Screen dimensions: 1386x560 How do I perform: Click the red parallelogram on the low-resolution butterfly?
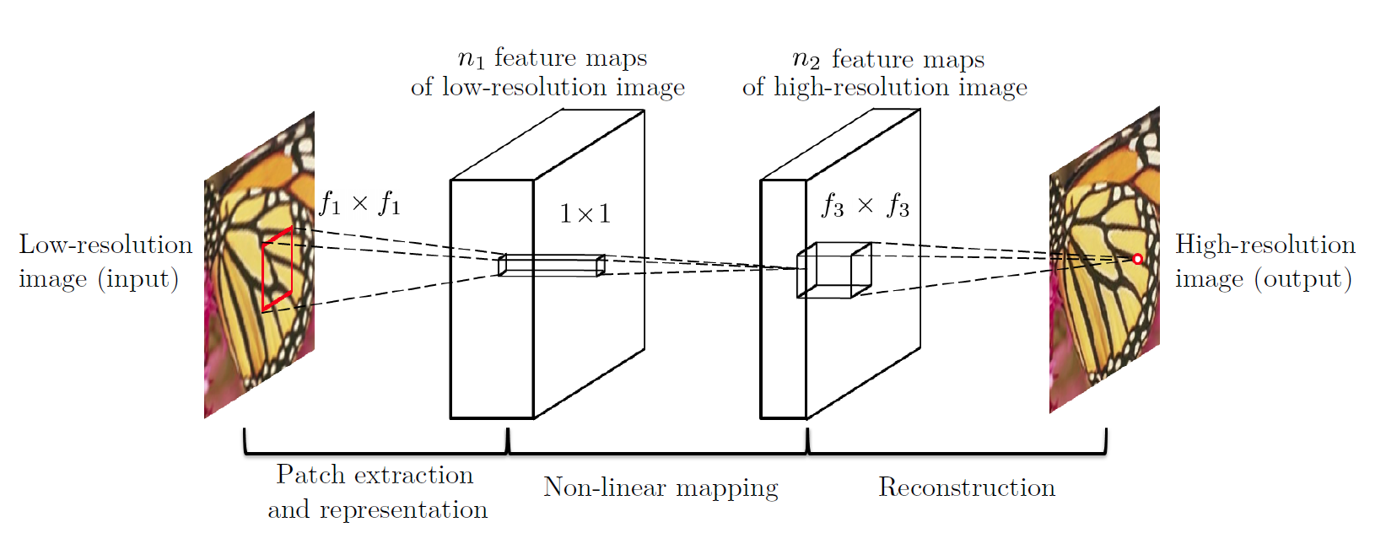262,272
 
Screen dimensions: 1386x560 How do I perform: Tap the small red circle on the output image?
1137,259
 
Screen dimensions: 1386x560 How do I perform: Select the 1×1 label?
585,214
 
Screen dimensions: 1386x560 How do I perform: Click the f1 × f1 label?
360,203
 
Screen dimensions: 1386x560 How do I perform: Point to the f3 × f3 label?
866,206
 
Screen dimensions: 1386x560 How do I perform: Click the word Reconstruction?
967,487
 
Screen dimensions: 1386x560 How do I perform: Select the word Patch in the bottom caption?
310,475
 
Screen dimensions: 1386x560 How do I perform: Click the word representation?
403,510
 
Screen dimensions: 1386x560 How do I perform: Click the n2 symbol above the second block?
806,60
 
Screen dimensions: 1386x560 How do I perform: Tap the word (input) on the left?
138,279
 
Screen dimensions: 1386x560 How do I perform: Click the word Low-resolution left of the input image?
105,245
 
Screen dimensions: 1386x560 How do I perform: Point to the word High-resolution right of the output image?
1265,245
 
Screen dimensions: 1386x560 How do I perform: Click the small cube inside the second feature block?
834,270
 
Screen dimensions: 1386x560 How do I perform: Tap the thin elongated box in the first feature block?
552,265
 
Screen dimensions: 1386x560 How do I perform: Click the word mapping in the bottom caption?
727,489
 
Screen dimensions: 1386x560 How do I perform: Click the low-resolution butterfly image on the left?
259,265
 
